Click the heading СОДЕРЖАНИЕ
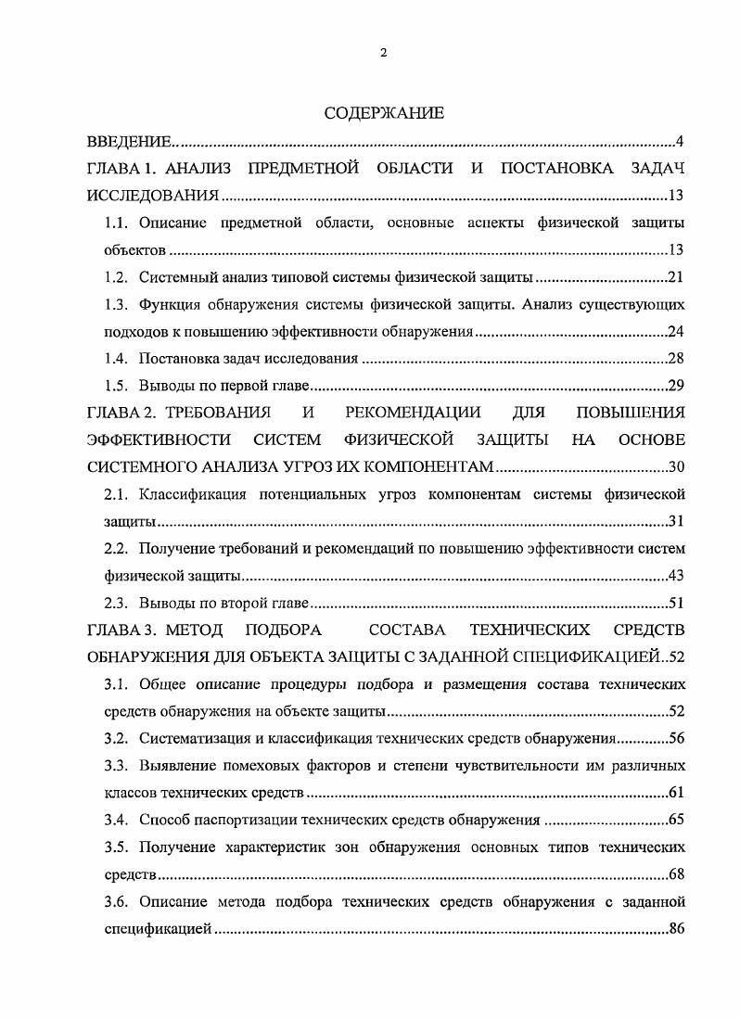[x=384, y=113]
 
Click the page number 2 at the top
[x=383, y=53]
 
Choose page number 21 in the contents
[x=676, y=277]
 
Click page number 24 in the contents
[x=676, y=331]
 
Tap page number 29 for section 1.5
[x=676, y=385]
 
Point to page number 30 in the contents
[x=676, y=466]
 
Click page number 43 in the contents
[x=676, y=576]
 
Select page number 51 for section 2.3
[x=676, y=603]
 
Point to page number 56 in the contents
[x=676, y=739]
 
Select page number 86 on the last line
[x=676, y=928]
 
